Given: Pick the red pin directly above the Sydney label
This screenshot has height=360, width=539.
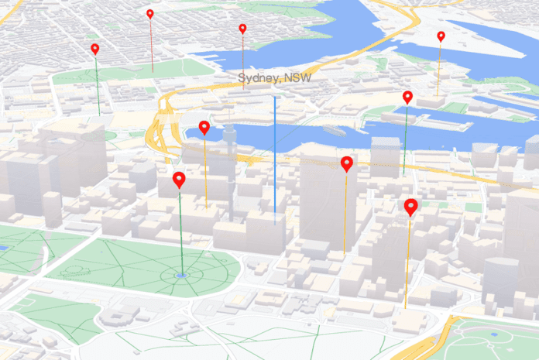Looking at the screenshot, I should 242,29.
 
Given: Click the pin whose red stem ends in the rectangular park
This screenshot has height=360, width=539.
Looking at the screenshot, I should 150,14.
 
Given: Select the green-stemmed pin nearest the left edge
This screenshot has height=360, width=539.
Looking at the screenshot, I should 95,49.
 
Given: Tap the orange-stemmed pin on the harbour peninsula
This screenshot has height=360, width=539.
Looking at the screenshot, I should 441,36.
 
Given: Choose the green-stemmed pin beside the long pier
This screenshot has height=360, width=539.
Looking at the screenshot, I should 407,97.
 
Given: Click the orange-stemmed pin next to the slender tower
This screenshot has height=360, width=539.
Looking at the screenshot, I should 204,127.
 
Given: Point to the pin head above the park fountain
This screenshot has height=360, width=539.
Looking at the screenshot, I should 179,180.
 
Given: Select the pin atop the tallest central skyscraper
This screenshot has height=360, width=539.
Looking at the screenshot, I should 347,163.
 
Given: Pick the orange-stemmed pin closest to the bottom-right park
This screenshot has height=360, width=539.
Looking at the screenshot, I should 410,206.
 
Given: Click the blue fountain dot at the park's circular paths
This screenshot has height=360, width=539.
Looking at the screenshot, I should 181,275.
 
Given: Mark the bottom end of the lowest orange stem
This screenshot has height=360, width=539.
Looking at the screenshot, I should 405,309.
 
